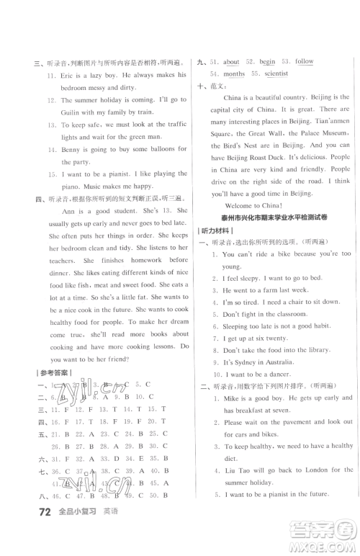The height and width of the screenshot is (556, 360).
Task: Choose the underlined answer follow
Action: tap(305, 62)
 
